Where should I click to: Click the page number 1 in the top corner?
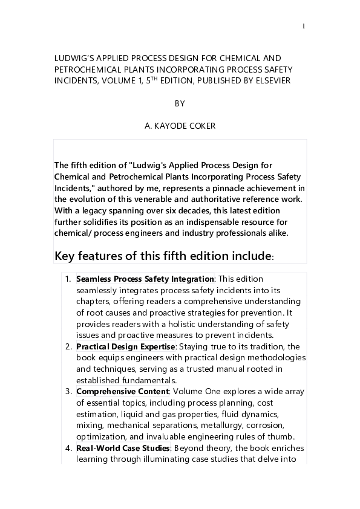point(303,26)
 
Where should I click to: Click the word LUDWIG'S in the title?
point(71,59)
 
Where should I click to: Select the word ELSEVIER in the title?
point(273,80)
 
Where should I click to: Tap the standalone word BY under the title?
point(180,103)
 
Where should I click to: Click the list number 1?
point(68,279)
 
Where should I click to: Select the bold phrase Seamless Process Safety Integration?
point(145,279)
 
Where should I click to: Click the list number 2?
point(68,346)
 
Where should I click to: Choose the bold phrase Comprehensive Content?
point(122,392)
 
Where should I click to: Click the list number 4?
point(68,448)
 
